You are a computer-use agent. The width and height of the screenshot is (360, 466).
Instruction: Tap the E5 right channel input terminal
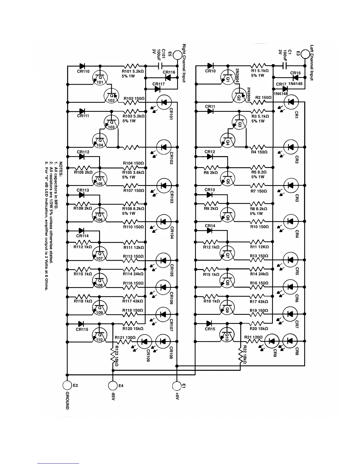[177, 55]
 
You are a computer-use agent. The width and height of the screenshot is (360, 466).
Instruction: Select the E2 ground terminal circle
[67, 385]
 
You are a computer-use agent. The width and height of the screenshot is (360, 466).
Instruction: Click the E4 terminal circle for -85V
[113, 385]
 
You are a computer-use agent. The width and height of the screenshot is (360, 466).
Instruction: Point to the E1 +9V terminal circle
[177, 385]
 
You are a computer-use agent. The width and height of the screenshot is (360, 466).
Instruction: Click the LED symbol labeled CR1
[291, 102]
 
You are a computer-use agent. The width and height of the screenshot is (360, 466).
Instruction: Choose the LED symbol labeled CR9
[272, 341]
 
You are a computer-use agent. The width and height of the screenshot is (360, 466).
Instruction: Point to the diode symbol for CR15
[210, 323]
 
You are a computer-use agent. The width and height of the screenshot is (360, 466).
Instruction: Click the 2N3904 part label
[237, 77]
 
